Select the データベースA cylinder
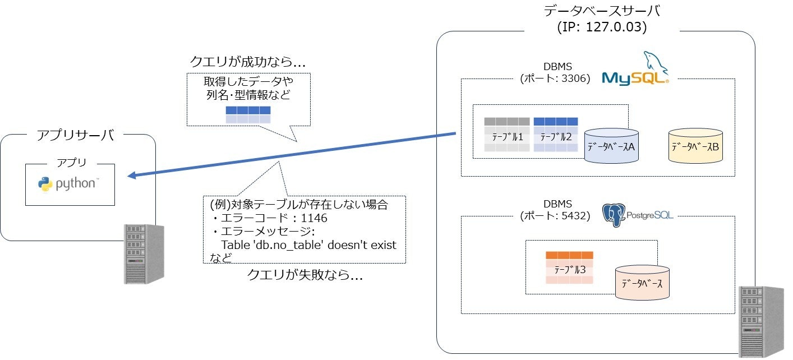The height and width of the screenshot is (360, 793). tap(611, 146)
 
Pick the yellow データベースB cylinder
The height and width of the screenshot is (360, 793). tap(695, 146)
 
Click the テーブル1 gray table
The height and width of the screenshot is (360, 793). tap(507, 135)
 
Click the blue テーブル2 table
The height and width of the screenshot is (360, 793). tap(555, 135)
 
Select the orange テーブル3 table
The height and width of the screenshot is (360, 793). tap(569, 268)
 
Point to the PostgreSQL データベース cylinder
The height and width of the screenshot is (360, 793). tap(642, 282)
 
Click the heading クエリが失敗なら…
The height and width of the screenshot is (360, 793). tap(305, 275)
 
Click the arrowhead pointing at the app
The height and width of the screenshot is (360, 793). tap(132, 176)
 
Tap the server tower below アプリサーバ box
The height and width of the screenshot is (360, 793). tap(144, 253)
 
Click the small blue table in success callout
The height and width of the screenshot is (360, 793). tap(248, 114)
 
